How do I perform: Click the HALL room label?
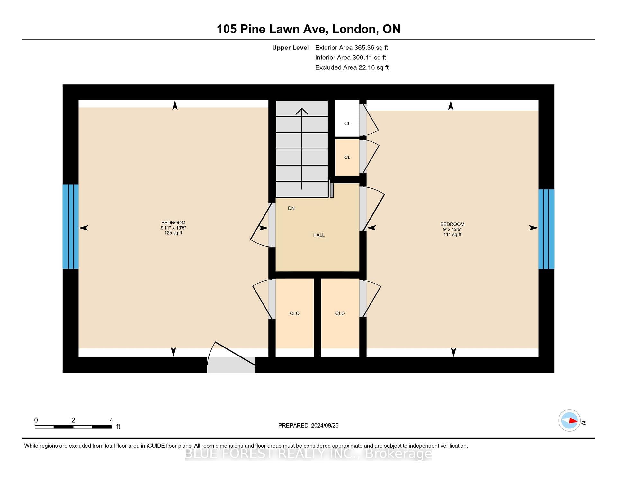click(319, 235)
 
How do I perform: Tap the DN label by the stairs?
click(291, 208)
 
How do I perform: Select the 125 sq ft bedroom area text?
click(173, 233)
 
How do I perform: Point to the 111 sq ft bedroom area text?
click(452, 235)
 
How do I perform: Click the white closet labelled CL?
click(347, 119)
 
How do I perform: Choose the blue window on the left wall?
click(70, 227)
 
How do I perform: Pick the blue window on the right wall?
click(546, 229)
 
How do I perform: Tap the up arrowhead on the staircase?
click(302, 111)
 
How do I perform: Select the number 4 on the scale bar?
click(111, 420)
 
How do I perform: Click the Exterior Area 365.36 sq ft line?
click(352, 48)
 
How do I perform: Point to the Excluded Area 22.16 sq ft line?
click(352, 67)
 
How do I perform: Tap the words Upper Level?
click(291, 48)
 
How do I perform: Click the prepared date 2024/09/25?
click(325, 425)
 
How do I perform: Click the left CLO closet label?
click(295, 313)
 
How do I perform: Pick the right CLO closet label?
click(340, 313)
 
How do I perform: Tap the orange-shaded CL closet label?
click(347, 157)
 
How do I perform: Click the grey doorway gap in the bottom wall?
click(231, 365)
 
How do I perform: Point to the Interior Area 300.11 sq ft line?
click(351, 58)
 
